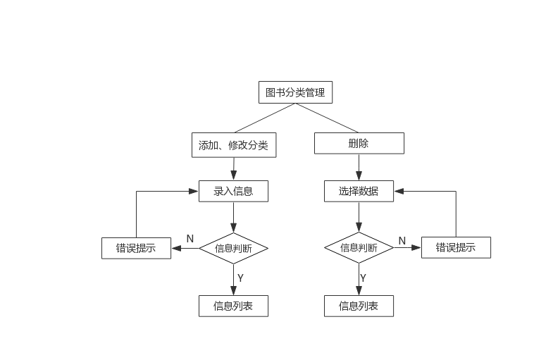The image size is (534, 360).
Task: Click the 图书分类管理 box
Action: pyautogui.click(x=295, y=92)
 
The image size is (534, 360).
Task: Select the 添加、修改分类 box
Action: pyautogui.click(x=233, y=145)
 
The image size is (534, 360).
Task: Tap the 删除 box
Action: pyautogui.click(x=359, y=144)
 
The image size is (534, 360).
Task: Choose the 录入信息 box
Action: pyautogui.click(x=233, y=190)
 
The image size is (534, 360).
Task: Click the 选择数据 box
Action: pyautogui.click(x=359, y=190)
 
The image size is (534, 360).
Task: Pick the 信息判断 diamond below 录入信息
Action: pyautogui.click(x=233, y=248)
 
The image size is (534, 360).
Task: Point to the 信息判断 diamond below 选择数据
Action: pyautogui.click(x=359, y=247)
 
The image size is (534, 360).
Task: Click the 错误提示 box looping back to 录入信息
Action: pyautogui.click(x=137, y=248)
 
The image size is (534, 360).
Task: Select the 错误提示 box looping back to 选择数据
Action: pyautogui.click(x=456, y=247)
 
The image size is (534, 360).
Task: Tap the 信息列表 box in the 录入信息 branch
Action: pyautogui.click(x=233, y=306)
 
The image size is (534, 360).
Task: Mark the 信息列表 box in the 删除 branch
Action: pyautogui.click(x=359, y=306)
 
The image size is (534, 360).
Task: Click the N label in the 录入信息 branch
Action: pyautogui.click(x=190, y=239)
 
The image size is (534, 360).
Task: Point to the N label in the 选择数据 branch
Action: pyautogui.click(x=402, y=241)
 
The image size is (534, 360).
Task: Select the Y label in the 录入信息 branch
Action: pyautogui.click(x=240, y=278)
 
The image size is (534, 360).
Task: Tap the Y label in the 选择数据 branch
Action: pyautogui.click(x=363, y=278)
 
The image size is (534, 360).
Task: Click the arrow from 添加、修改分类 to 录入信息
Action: pyautogui.click(x=233, y=168)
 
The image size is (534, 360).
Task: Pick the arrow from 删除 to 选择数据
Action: pyautogui.click(x=359, y=167)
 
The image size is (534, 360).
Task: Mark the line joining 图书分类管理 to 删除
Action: pyautogui.click(x=328, y=118)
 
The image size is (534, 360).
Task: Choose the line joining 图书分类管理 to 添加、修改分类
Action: pyautogui.click(x=264, y=118)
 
